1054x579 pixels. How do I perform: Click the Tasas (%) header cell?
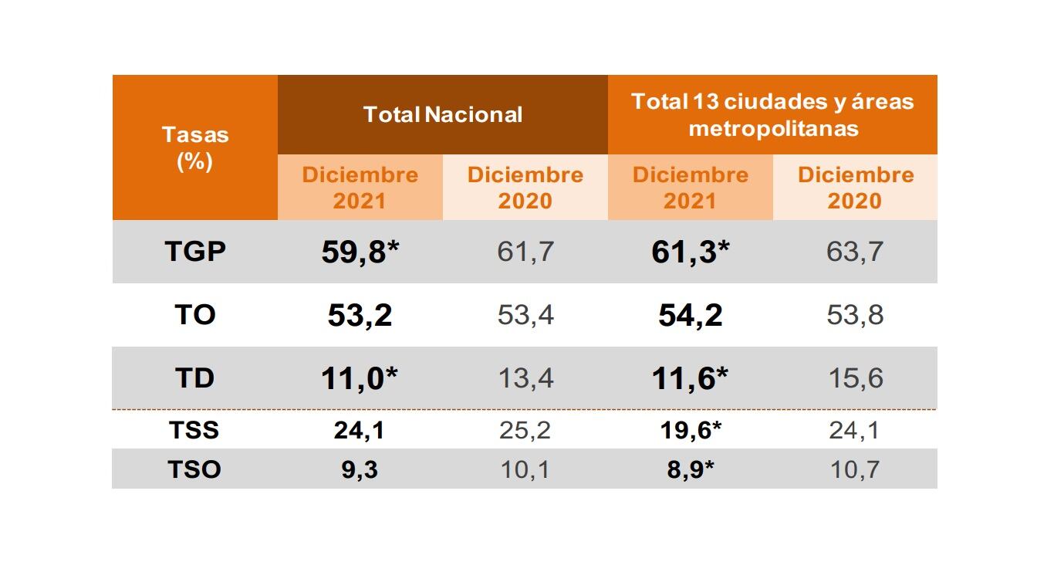[195, 148]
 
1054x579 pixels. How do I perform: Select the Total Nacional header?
[443, 114]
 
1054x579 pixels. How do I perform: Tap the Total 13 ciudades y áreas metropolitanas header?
[772, 114]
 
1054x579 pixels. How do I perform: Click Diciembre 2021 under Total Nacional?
[360, 188]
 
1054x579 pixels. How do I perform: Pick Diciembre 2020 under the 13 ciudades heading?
[855, 188]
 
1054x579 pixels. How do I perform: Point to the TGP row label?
[195, 252]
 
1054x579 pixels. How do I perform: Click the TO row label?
[195, 315]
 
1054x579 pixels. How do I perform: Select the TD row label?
[195, 378]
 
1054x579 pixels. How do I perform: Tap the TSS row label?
[195, 430]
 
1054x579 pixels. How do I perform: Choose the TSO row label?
[195, 469]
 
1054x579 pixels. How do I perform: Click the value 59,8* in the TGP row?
[360, 252]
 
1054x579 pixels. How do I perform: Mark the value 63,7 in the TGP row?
[855, 252]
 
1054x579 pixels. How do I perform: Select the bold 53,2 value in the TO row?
[360, 316]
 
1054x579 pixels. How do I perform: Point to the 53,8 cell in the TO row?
[855, 315]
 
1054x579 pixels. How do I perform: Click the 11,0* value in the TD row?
[360, 379]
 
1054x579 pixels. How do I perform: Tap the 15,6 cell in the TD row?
[855, 378]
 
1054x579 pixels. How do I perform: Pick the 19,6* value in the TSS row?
[690, 430]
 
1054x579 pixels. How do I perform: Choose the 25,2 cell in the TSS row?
[525, 430]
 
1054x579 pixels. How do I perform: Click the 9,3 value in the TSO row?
[360, 469]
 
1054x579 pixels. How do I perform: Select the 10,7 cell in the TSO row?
[855, 469]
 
